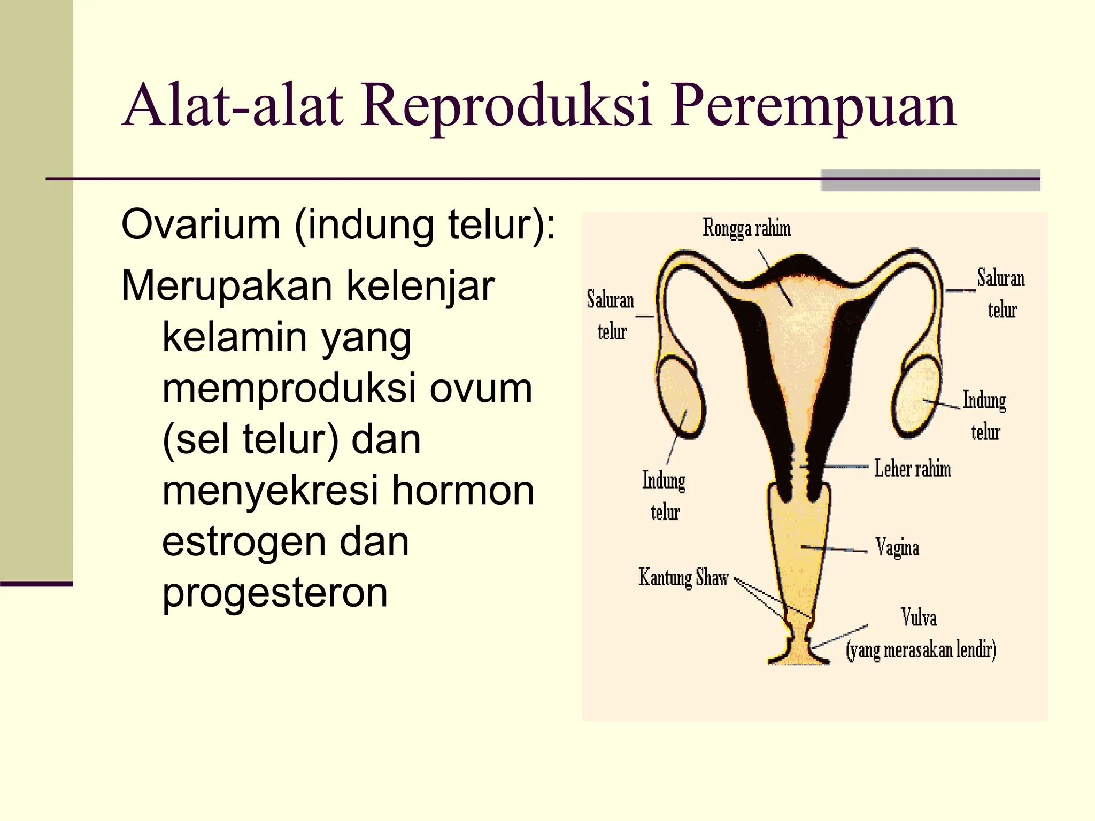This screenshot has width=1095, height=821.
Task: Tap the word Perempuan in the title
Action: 813,107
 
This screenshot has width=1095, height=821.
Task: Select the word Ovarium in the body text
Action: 201,224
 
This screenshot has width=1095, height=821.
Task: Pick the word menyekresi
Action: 270,490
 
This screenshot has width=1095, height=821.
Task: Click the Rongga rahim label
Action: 746,228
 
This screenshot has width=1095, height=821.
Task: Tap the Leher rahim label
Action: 912,469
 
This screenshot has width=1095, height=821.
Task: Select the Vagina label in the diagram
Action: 897,547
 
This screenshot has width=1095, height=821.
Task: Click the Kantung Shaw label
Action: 683,578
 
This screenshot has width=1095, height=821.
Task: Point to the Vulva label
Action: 919,617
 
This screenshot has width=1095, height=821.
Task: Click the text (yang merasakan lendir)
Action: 921,650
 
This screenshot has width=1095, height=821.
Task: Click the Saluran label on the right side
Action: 1000,278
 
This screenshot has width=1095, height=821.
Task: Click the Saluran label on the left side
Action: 610,299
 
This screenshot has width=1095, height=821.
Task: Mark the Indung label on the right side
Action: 984,400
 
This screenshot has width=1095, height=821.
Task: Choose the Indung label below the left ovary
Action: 664,480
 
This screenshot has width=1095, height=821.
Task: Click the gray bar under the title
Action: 930,181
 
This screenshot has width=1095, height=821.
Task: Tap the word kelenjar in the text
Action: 420,286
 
